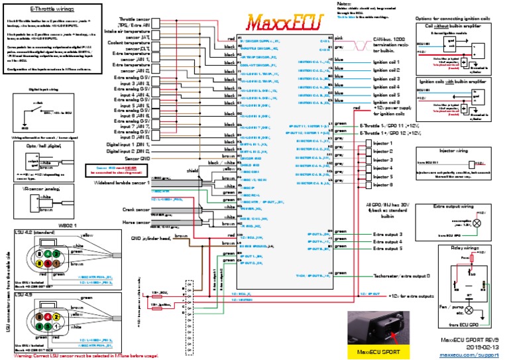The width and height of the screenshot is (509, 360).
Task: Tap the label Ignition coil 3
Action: click(388, 79)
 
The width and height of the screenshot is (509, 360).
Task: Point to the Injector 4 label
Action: click(384, 168)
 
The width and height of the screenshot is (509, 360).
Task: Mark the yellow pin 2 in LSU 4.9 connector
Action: click(58, 318)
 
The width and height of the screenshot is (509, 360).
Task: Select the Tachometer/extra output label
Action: click(398, 274)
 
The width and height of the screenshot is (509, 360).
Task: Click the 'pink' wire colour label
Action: click(338, 38)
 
